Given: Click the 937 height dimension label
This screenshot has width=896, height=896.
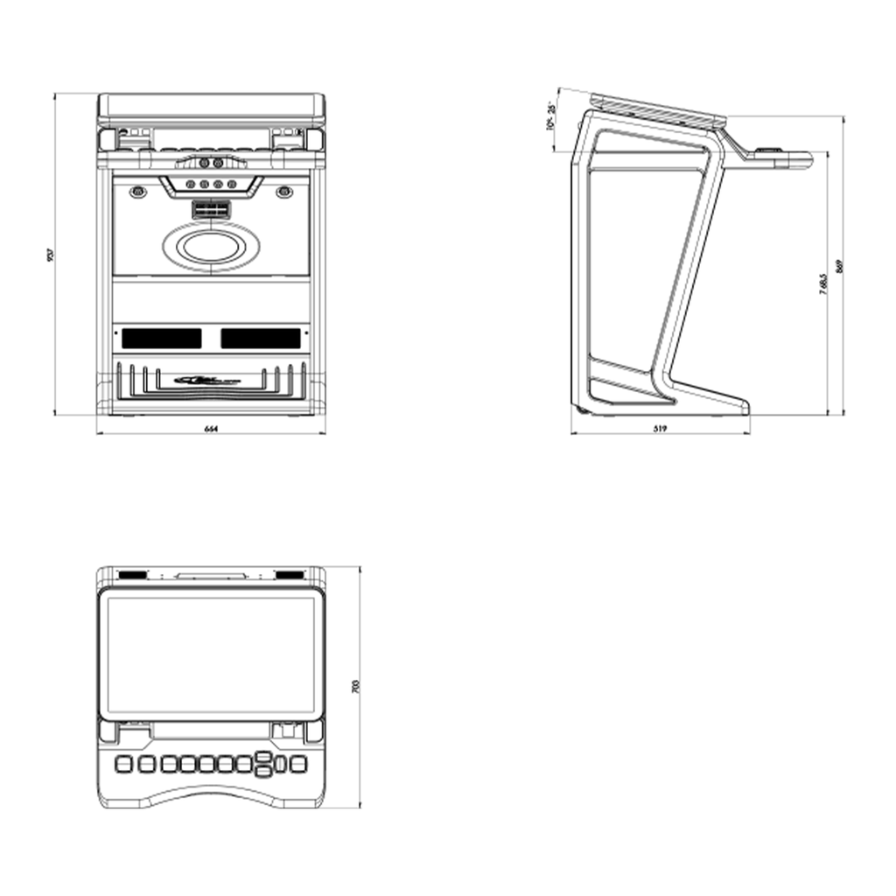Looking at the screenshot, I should pos(52,255).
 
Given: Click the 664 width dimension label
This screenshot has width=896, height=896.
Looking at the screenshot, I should pos(210,429).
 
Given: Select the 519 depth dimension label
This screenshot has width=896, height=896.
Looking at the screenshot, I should pos(661,429).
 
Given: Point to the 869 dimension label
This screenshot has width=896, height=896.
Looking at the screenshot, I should pos(839,267).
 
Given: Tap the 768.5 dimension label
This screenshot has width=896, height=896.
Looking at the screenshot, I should pos(822,285).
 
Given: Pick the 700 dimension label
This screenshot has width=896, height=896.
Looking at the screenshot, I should pos(354,686).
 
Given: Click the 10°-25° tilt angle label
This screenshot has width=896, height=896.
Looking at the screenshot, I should pos(549,116).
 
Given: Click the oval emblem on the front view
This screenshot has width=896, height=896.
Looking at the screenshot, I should pos(211,247).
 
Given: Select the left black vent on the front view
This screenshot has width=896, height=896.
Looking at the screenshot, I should pos(161,338).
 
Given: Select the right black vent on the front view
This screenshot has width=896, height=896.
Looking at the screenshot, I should pos(261,338).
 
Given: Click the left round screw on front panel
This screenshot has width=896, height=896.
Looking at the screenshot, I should pos(137,192).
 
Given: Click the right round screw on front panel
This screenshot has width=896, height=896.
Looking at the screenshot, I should pos(283,192).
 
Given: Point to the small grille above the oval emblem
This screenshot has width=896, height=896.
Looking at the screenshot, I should pos(211,212).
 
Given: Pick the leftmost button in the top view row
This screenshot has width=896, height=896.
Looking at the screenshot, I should pos(123,764).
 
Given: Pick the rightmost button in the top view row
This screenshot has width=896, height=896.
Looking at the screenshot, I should pos(298,764).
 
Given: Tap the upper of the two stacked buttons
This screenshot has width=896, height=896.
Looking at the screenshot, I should pos(262,757).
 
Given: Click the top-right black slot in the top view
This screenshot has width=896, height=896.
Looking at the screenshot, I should pos(289,575).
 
